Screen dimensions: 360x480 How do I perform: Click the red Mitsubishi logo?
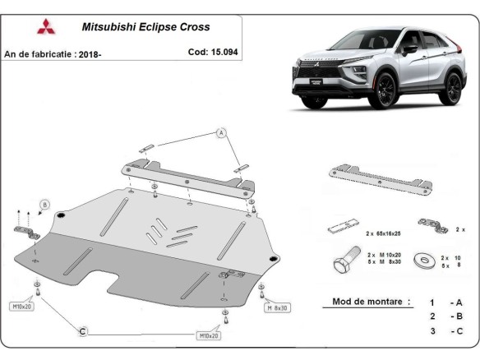pyautogui.click(x=44, y=26)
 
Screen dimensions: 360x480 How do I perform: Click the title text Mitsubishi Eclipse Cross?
pyautogui.click(x=145, y=27)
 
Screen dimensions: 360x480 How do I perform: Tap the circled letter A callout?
pyautogui.click(x=220, y=132)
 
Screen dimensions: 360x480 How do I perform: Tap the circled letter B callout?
pyautogui.click(x=45, y=205)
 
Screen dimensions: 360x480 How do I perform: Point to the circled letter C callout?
pyautogui.click(x=82, y=330)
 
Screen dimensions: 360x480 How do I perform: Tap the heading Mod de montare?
pyautogui.click(x=371, y=302)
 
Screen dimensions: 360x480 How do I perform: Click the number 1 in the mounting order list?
pyautogui.click(x=432, y=302)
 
